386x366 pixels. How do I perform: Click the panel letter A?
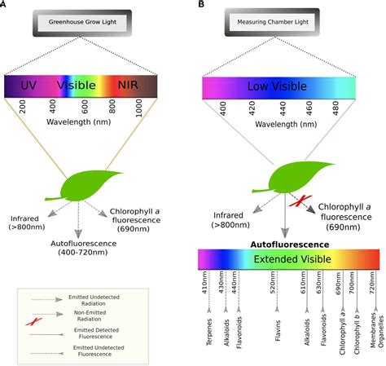5,6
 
